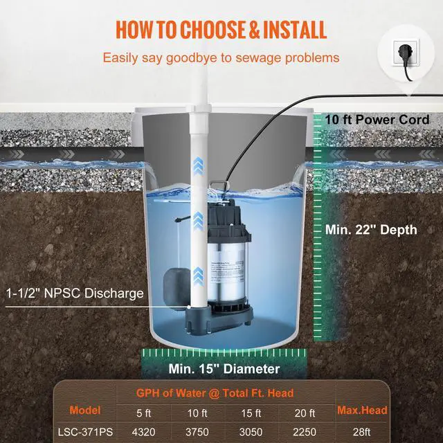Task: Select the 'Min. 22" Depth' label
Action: pyautogui.click(x=372, y=229)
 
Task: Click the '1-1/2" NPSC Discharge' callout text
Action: pyautogui.click(x=75, y=293)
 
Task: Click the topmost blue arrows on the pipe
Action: pyautogui.click(x=199, y=164)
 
